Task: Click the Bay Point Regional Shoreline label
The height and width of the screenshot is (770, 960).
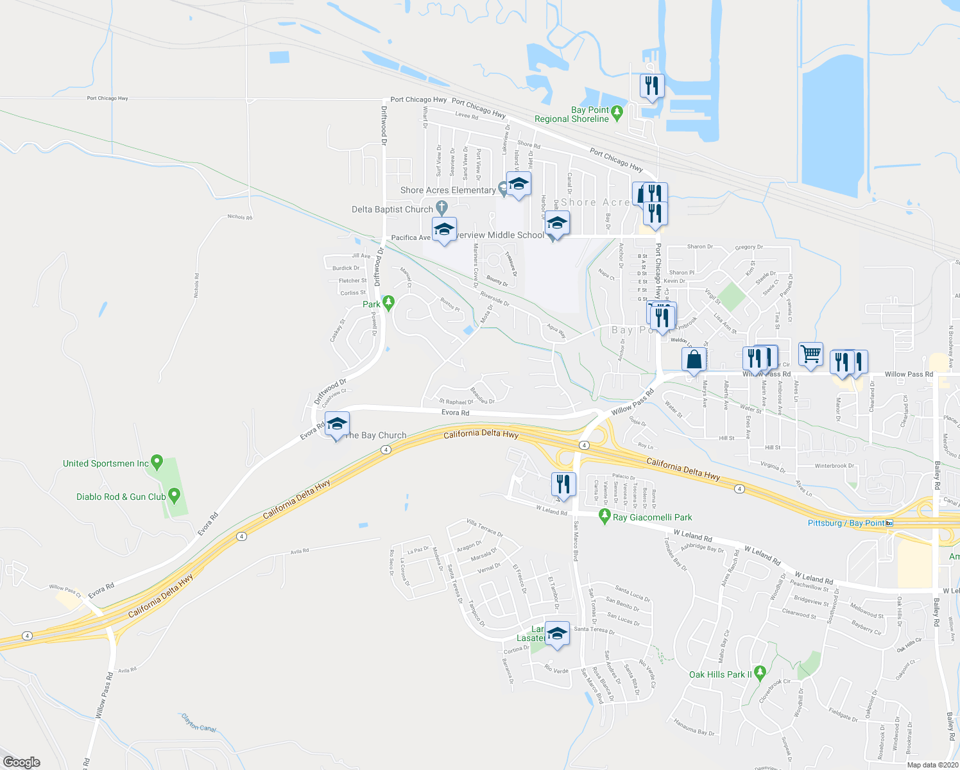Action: click(572, 114)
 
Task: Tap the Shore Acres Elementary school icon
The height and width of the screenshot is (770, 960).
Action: click(519, 185)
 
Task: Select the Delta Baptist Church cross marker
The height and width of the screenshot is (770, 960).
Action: click(441, 207)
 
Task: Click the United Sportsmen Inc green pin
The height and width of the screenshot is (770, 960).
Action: click(157, 462)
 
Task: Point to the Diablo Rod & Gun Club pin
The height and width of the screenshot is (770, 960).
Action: click(174, 495)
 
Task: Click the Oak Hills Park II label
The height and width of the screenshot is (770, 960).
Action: click(720, 674)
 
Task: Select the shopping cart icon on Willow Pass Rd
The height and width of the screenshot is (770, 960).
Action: click(811, 354)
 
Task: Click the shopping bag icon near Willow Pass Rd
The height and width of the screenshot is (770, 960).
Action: click(694, 360)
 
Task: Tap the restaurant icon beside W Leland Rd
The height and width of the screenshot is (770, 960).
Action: click(563, 485)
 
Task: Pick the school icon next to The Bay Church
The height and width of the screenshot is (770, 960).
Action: click(337, 424)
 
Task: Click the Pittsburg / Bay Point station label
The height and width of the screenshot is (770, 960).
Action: click(846, 523)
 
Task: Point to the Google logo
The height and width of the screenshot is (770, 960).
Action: click(22, 762)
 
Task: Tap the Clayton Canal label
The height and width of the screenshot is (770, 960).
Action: click(199, 723)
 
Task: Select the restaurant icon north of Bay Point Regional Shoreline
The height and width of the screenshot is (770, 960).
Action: click(652, 86)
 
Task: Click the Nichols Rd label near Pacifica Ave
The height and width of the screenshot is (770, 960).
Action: click(240, 217)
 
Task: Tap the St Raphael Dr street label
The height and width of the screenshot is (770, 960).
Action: click(456, 402)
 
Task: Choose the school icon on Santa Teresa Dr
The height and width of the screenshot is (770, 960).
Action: click(556, 633)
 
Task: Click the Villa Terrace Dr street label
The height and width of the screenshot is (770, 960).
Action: click(484, 527)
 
